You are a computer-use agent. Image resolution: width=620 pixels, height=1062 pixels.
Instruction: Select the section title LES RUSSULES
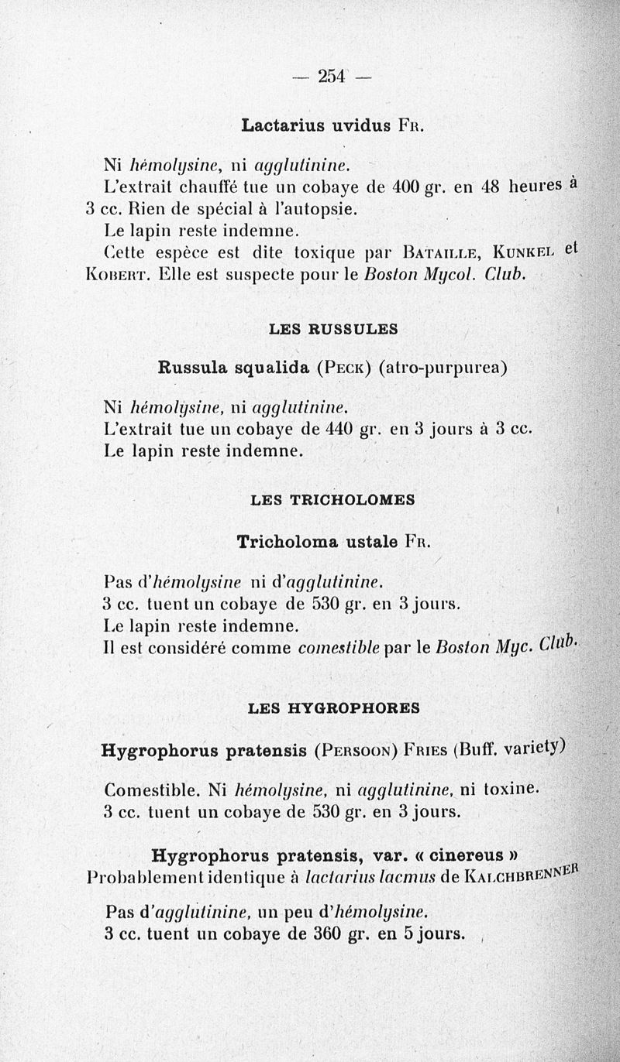pos(333,329)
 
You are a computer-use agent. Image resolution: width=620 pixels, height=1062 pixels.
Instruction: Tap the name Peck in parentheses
pos(345,368)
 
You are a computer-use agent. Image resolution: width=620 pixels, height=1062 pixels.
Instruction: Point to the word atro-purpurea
pos(443,368)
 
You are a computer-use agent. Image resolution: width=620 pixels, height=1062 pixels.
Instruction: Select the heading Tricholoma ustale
pos(318,542)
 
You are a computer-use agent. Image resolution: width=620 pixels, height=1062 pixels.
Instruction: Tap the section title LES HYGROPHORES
pos(334,707)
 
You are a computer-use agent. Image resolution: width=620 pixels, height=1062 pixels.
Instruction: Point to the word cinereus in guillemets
pos(464,856)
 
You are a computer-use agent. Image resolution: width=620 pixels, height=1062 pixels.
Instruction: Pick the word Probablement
pos(145,878)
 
